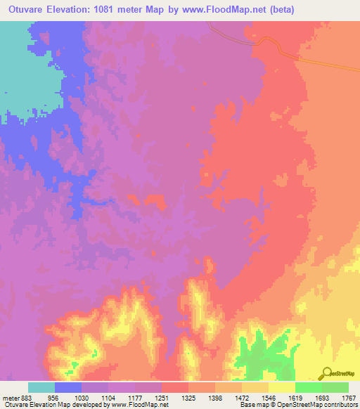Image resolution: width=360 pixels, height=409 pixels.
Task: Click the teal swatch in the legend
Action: (41, 387)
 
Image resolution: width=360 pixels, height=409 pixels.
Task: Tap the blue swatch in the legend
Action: (68, 387)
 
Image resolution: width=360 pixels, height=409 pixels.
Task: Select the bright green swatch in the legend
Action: (308, 387)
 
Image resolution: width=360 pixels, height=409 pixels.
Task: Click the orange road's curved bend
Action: (264, 41)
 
